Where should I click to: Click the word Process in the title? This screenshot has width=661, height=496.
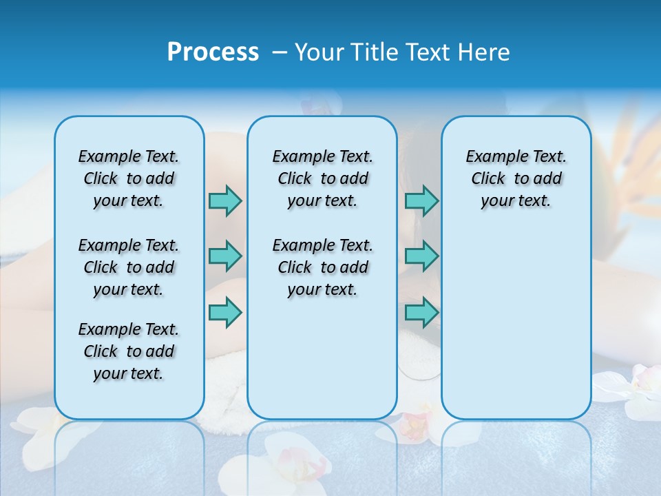pos(213,52)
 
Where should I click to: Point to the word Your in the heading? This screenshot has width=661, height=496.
pos(319,52)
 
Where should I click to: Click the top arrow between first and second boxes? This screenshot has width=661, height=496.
pos(225,200)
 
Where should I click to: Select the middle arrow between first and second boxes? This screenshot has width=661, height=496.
pos(225,256)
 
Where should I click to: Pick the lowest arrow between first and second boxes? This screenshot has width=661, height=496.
pos(225,312)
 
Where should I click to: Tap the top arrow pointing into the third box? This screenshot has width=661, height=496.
pos(421,200)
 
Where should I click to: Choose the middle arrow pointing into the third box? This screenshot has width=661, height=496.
pos(421,256)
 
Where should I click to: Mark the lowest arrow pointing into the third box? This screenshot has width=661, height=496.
pos(421,312)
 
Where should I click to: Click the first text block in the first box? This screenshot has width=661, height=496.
pos(129,178)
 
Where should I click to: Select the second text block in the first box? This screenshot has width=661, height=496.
pos(129,267)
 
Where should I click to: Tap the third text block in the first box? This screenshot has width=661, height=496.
pos(129,351)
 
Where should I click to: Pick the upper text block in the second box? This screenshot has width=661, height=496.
pos(322,178)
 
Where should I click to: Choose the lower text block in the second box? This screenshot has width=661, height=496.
pos(322,267)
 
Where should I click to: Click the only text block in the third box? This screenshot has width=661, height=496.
pos(516,178)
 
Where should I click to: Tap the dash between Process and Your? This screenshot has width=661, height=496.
pos(280,52)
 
